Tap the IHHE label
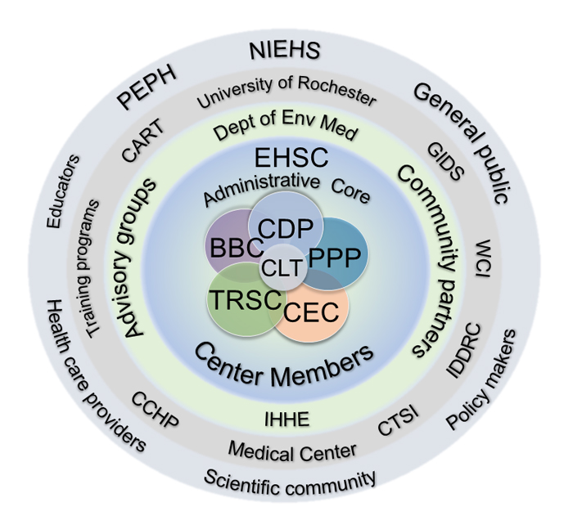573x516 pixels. (x=287, y=420)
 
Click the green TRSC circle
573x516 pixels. (x=241, y=299)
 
